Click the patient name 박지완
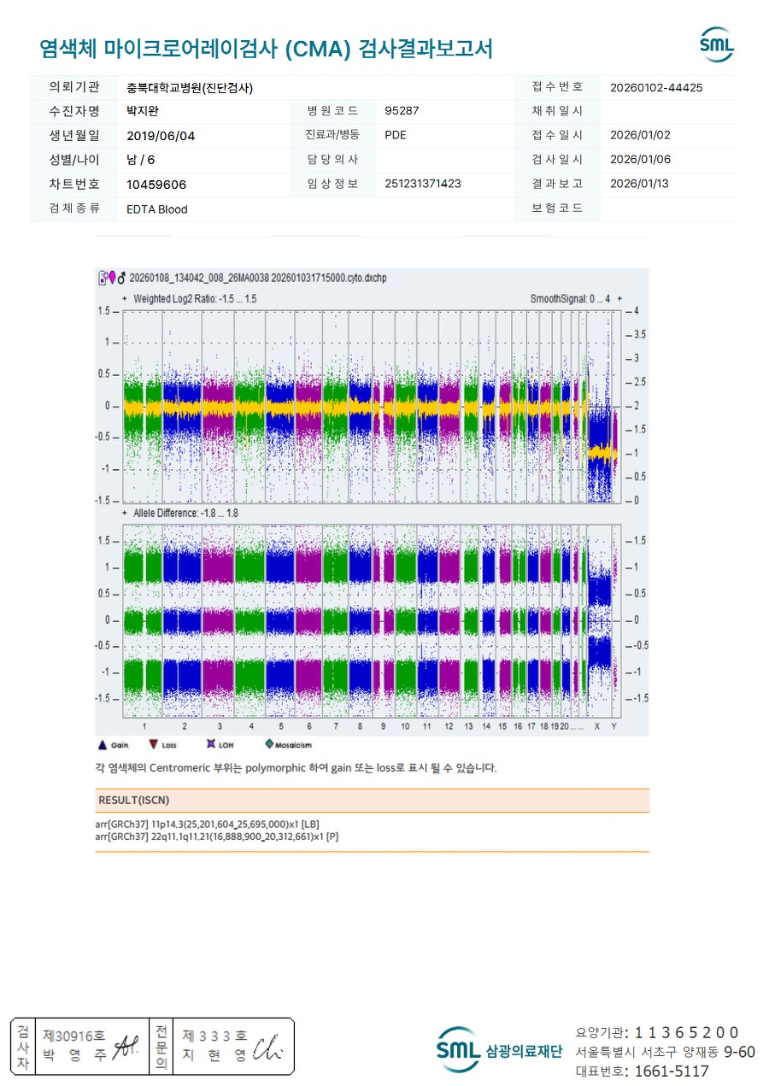tap(143, 111)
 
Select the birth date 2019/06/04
tap(161, 135)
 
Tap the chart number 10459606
tap(156, 185)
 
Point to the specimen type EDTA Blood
tap(157, 209)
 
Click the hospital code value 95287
tap(402, 111)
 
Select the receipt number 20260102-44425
tap(657, 87)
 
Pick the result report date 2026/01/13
tap(639, 184)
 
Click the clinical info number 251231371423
tap(423, 184)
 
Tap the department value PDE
tap(396, 135)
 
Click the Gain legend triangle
tap(103, 745)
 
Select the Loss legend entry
tap(154, 745)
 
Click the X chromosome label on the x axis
tap(597, 725)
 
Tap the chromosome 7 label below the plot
tap(336, 725)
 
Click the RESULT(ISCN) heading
tap(134, 801)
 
